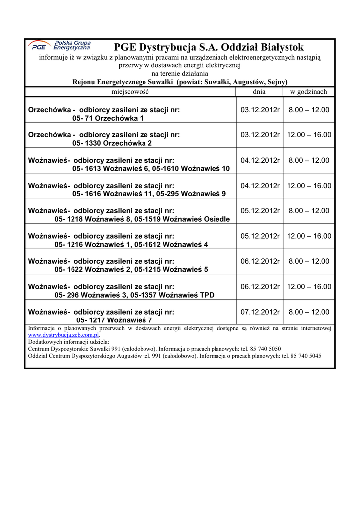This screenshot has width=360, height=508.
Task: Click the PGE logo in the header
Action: click(x=59, y=46)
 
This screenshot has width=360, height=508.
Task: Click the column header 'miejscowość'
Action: click(x=130, y=92)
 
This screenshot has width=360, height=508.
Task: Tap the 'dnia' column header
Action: click(x=259, y=92)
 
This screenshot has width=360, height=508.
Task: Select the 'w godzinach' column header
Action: click(x=308, y=92)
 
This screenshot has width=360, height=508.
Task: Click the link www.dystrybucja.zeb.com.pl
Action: click(x=64, y=335)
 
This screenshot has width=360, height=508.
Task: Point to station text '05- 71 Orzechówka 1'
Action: click(x=108, y=118)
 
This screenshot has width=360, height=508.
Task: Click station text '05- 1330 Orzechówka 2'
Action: click(x=112, y=143)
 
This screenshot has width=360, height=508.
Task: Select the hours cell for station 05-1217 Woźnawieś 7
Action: click(x=309, y=312)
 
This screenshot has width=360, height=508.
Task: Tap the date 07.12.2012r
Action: click(x=260, y=312)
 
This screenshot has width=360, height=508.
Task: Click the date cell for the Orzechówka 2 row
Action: click(x=260, y=135)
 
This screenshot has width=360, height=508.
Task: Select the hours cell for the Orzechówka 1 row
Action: click(x=309, y=109)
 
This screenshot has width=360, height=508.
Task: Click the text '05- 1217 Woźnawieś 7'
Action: click(x=114, y=320)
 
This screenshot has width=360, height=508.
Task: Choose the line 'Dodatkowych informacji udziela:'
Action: click(x=69, y=342)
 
